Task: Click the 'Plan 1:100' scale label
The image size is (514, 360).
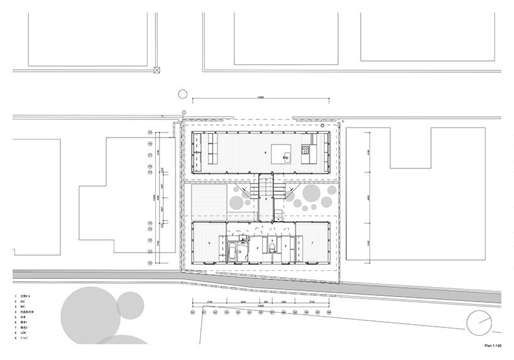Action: point(492,344)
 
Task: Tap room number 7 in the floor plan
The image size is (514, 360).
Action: point(312,242)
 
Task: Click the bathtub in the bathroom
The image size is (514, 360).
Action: point(232,254)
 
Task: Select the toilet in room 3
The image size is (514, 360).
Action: point(271,249)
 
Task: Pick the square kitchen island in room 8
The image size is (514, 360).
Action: point(283,155)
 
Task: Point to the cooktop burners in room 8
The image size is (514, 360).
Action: point(305,151)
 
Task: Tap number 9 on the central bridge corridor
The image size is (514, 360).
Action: point(266,199)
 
